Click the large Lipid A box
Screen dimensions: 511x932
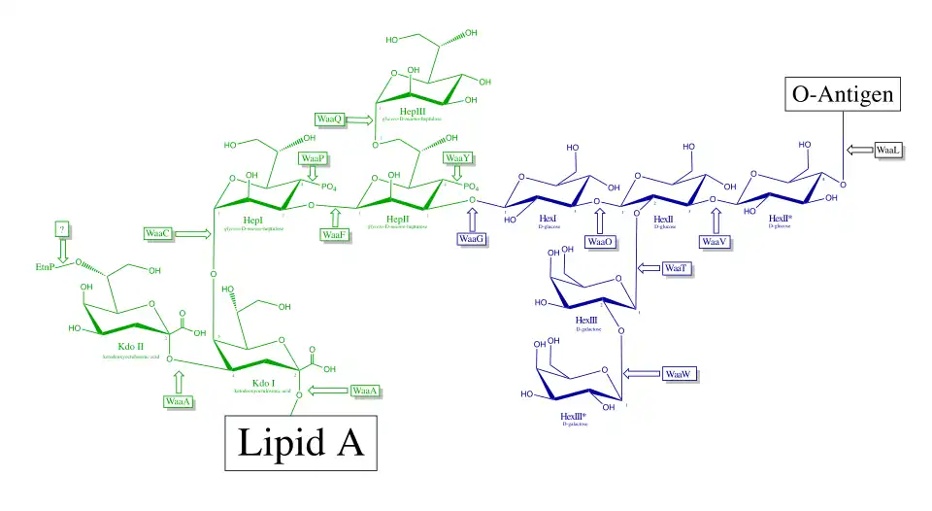301,445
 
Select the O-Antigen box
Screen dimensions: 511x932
842,95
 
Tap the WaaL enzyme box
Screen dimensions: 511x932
889,151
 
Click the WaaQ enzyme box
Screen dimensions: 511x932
330,119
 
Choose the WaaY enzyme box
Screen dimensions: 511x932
456,158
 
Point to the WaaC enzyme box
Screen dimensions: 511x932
158,233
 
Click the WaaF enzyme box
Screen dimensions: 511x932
335,233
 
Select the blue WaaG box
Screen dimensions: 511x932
472,238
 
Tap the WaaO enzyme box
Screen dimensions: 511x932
599,242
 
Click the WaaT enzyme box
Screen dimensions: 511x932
677,268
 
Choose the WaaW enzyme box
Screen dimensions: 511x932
677,374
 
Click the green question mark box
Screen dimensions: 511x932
63,228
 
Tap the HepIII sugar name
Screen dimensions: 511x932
412,112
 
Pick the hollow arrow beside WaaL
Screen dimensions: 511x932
859,150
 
